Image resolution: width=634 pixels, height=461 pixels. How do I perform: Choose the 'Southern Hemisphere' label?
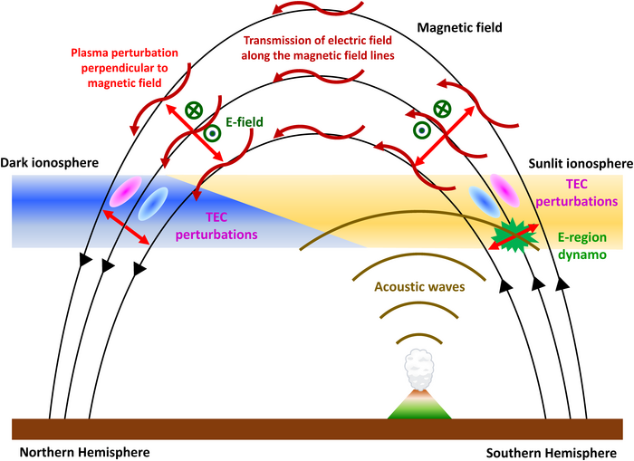[552, 451]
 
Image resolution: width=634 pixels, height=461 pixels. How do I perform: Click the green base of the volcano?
[419, 409]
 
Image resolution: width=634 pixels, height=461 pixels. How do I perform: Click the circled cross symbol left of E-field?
[193, 110]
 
